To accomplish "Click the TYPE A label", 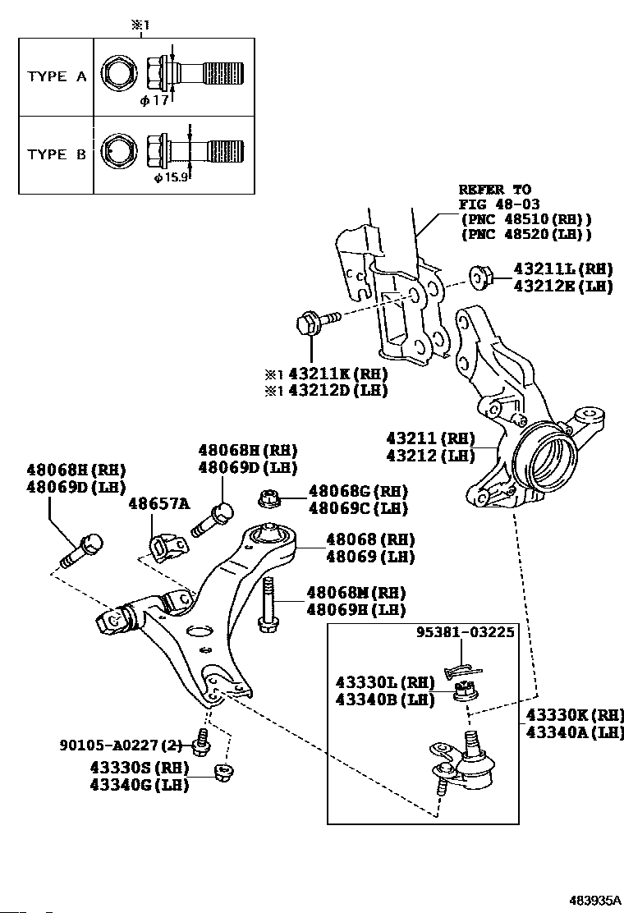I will click(57, 76).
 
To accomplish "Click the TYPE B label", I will click(57, 154).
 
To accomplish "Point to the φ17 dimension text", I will click(154, 101).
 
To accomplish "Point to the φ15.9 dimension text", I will click(173, 177).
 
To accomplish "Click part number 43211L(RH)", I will click(563, 268).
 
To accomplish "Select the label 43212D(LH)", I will click(333, 391).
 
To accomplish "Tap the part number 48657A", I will click(158, 502).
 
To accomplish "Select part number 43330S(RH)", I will click(139, 768).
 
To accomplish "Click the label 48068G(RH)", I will click(358, 491).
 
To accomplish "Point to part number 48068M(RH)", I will click(356, 592).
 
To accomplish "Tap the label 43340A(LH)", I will click(575, 732).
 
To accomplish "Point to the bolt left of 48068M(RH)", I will click(267, 604).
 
